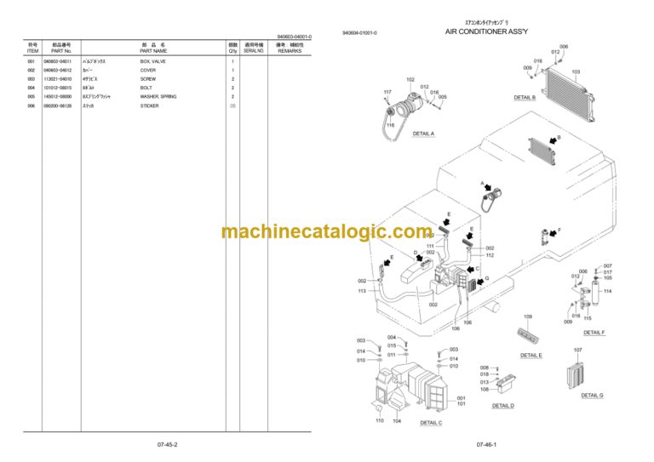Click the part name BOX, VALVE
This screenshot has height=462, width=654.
[x=154, y=62]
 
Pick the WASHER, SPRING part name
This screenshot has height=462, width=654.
[x=158, y=97]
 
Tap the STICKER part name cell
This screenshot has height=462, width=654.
[x=150, y=106]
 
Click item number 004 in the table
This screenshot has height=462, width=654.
[x=32, y=88]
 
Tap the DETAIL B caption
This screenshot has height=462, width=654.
[x=525, y=97]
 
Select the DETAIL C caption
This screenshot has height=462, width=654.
[x=431, y=422]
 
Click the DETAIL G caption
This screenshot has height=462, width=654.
[x=592, y=395]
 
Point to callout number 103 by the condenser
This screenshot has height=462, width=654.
[x=577, y=72]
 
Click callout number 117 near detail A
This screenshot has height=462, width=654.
[x=387, y=92]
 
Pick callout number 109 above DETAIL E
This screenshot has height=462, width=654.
[x=527, y=317]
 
